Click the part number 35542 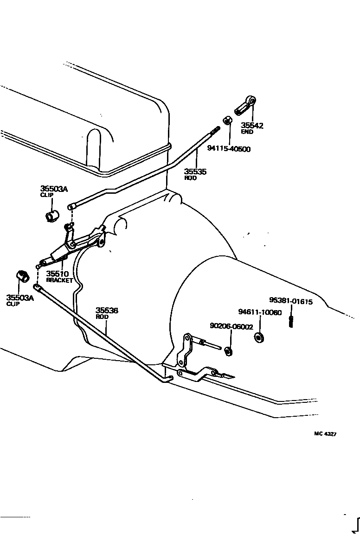(x=252, y=125)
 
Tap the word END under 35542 (x=247, y=132)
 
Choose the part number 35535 (x=195, y=172)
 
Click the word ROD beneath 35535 (x=190, y=178)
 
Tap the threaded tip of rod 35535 (x=216, y=131)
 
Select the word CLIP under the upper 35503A (x=46, y=195)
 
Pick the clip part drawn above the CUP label (x=22, y=276)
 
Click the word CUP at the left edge (x=13, y=304)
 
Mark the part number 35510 (x=58, y=274)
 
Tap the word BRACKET (x=59, y=280)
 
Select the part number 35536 (x=107, y=310)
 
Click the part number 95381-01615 (x=291, y=301)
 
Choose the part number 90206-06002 (x=231, y=326)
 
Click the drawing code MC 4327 (x=325, y=434)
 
